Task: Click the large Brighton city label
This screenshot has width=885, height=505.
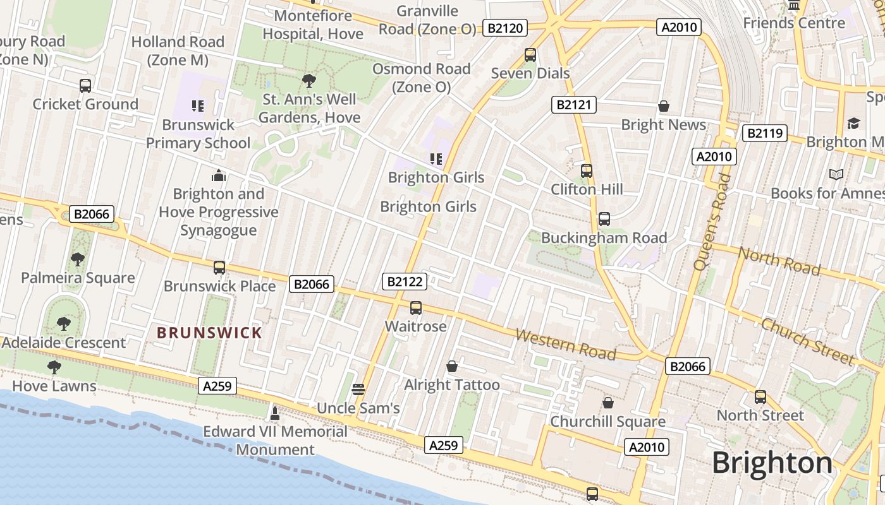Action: tap(772, 463)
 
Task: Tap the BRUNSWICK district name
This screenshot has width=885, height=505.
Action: tap(209, 333)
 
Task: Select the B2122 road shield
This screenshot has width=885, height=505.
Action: tap(404, 282)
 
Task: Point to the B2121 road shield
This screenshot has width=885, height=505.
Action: tap(574, 105)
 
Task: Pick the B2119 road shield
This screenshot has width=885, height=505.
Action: tap(764, 133)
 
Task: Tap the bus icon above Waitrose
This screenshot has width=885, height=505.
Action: tap(415, 308)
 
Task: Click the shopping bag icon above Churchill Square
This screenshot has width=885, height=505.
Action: tap(607, 403)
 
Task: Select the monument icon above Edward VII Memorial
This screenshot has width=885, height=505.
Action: tap(274, 413)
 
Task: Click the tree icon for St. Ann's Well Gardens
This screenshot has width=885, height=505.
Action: tap(309, 80)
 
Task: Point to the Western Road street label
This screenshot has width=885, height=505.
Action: tap(565, 344)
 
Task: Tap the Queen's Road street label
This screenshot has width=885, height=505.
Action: tap(712, 222)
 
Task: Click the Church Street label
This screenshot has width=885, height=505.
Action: tap(807, 341)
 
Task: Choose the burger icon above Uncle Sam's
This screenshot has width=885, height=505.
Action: tap(358, 389)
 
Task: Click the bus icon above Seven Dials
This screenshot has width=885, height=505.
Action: tap(530, 55)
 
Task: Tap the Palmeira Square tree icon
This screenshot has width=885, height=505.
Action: tap(78, 259)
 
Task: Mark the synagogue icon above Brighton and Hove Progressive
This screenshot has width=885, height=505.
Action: tap(219, 175)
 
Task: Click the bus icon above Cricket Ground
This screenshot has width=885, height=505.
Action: tap(85, 86)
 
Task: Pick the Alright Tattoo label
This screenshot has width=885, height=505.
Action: tap(451, 385)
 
